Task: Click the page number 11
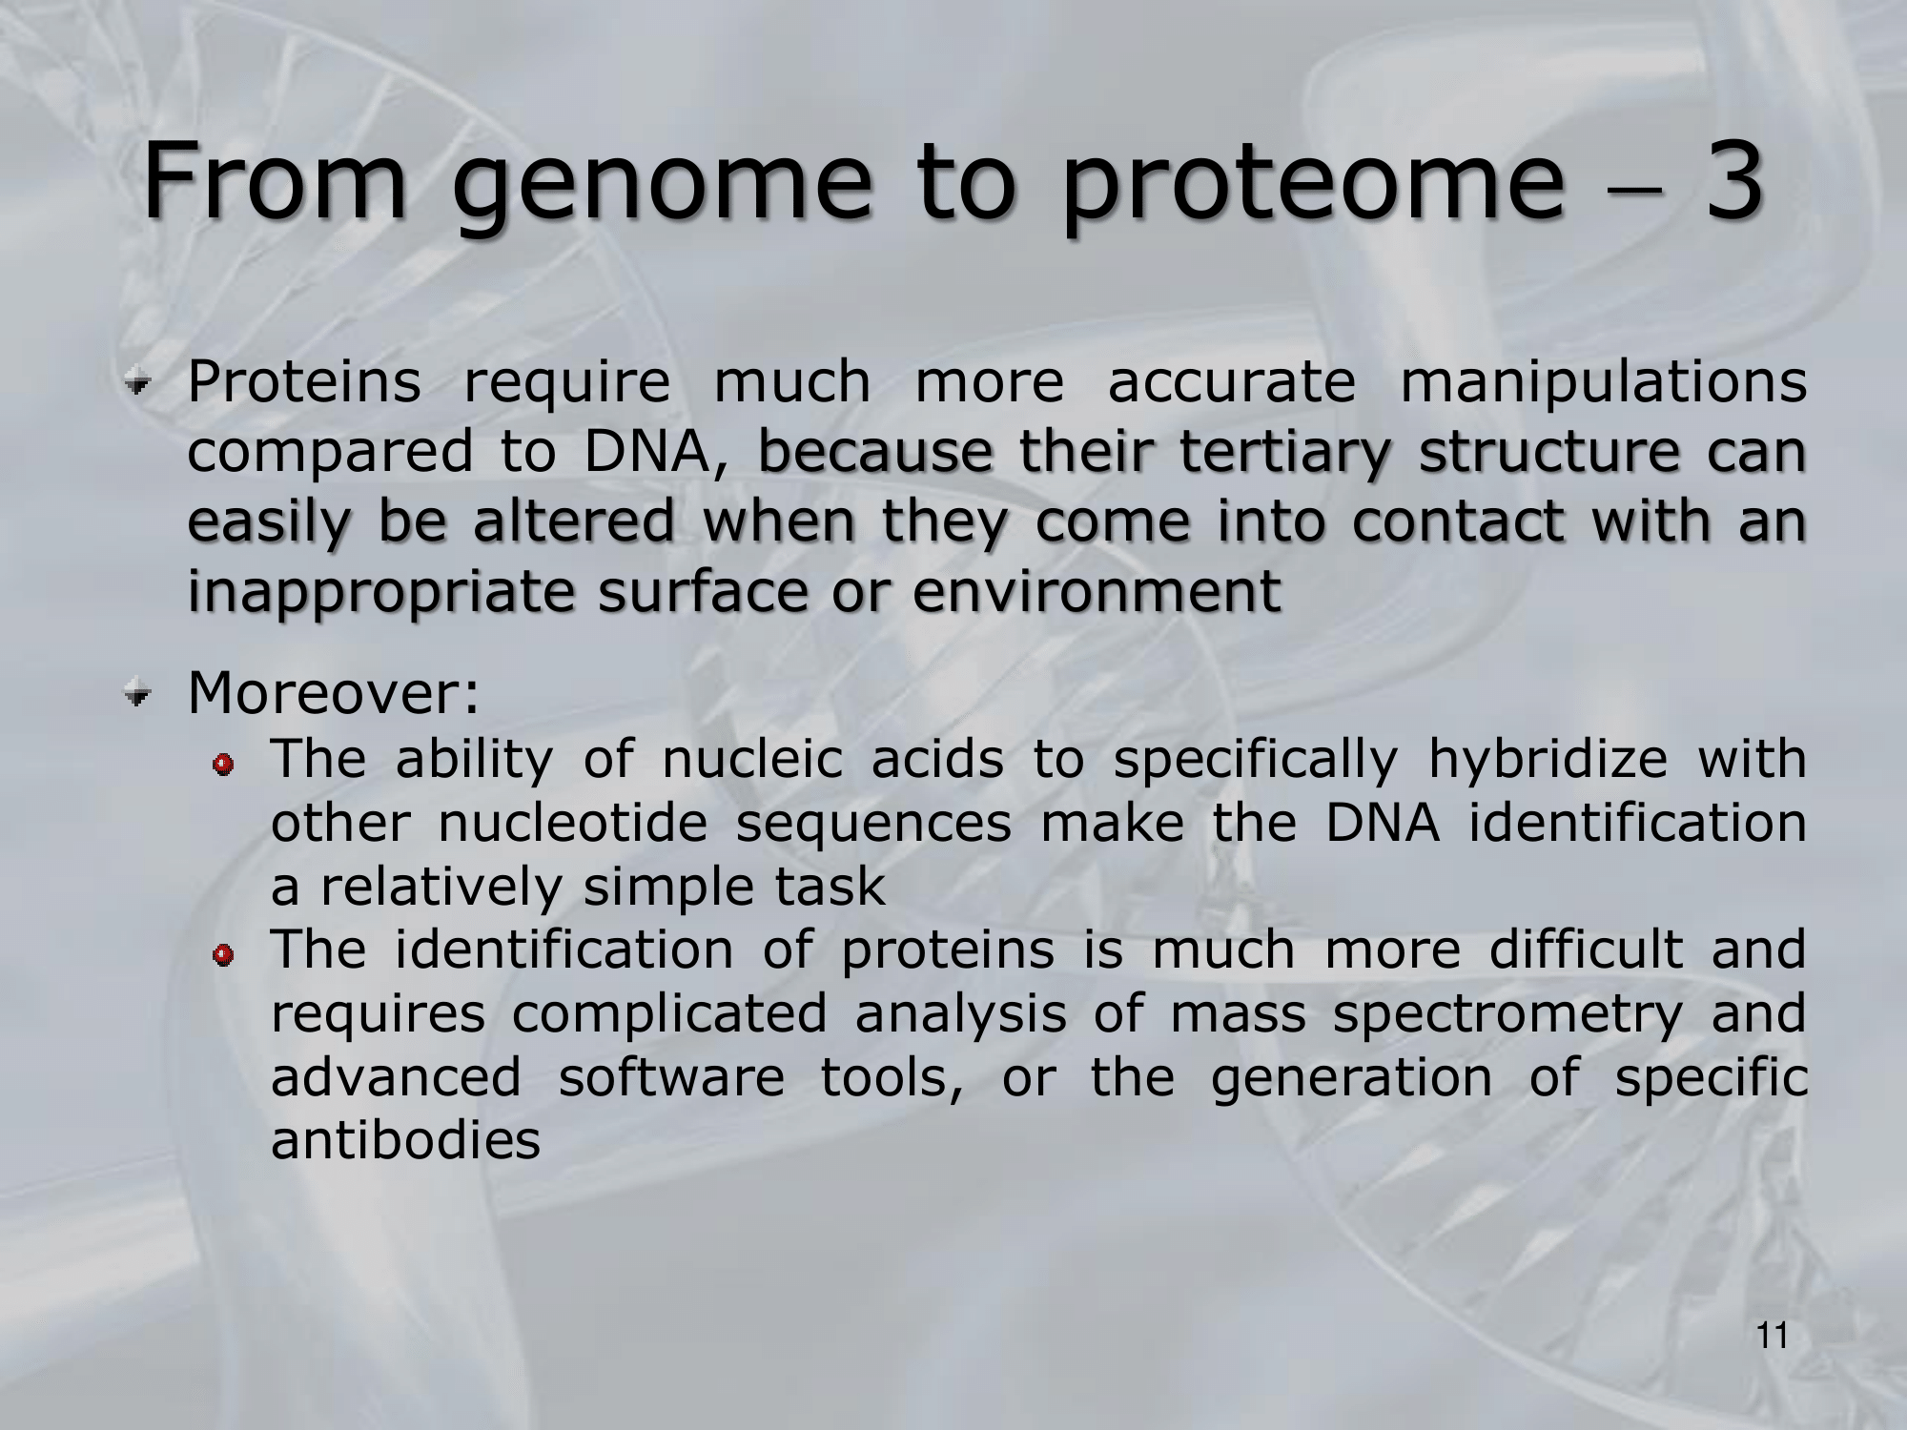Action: pos(1772,1337)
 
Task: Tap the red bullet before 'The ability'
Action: pos(224,765)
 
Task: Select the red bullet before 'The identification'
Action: pos(224,955)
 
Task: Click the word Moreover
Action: pos(333,692)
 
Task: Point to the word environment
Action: pos(1097,592)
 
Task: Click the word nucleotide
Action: pos(573,823)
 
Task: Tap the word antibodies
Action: pos(405,1140)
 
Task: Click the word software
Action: pos(671,1077)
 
